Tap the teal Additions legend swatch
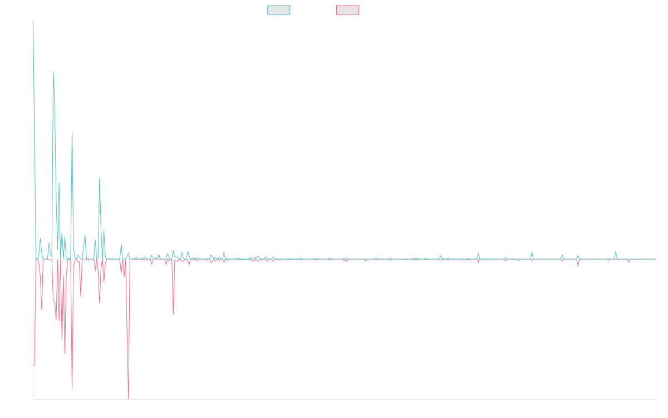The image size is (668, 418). click(x=279, y=10)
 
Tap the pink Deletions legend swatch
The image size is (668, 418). click(x=347, y=10)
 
